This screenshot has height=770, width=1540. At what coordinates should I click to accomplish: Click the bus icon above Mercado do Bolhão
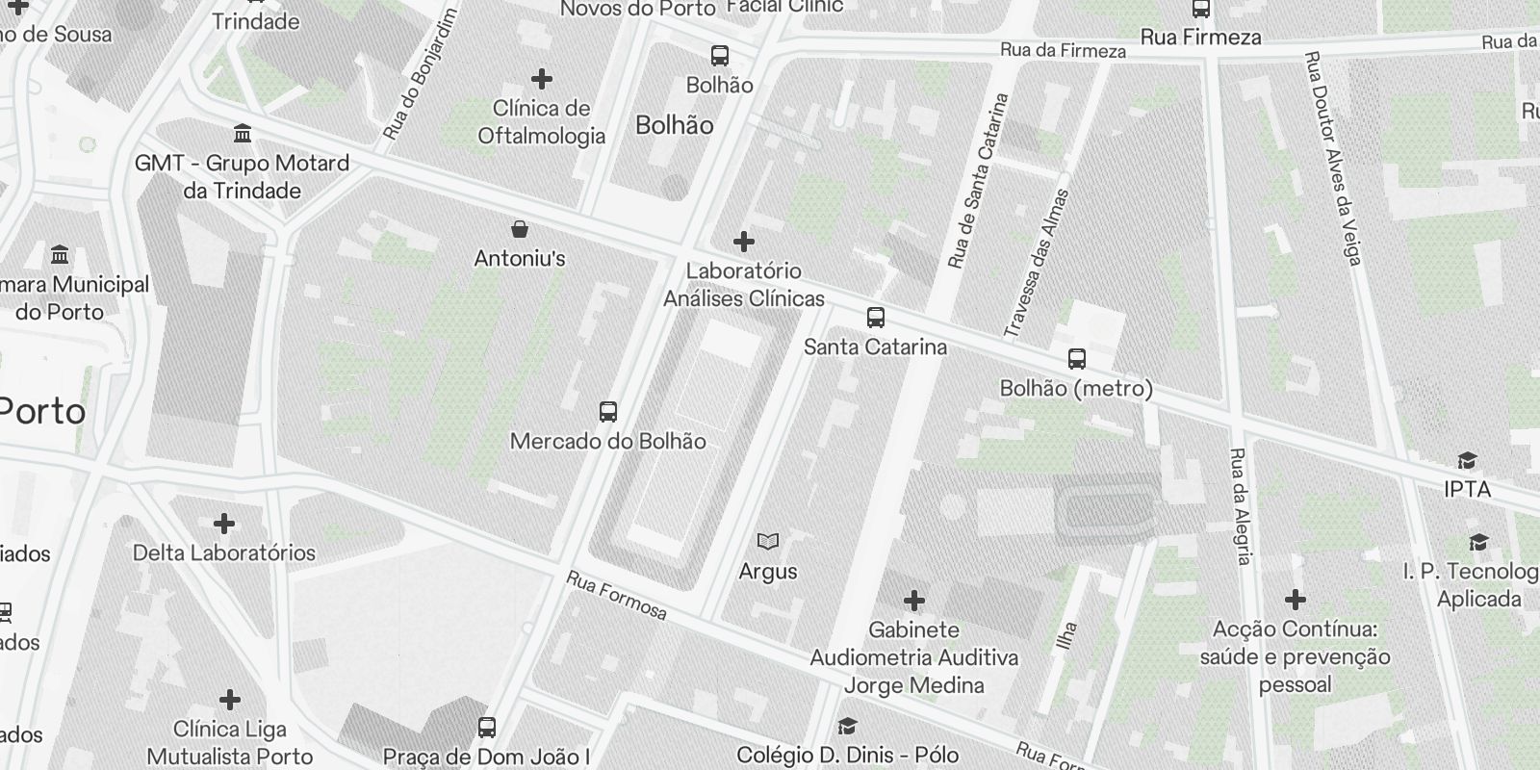(x=608, y=412)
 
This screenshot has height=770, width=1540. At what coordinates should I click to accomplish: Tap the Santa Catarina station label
(x=875, y=346)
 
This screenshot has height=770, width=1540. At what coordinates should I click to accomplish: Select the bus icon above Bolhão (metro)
(x=1077, y=359)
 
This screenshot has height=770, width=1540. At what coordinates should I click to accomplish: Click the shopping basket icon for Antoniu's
(x=520, y=229)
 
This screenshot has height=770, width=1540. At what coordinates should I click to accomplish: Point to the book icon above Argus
(x=768, y=542)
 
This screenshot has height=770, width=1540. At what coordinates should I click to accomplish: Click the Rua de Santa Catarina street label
(x=977, y=181)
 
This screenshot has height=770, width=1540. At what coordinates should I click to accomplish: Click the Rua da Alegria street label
(x=1241, y=505)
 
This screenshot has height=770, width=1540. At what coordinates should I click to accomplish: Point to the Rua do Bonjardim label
(x=418, y=77)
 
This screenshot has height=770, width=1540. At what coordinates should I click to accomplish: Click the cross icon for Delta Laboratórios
(x=224, y=524)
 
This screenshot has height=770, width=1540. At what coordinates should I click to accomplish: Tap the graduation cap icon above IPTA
(x=1467, y=461)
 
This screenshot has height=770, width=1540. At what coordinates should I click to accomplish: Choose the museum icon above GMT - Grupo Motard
(x=243, y=133)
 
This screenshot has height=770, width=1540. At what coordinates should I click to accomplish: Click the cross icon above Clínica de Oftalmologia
(x=542, y=78)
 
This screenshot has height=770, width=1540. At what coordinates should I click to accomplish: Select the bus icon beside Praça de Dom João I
(x=487, y=728)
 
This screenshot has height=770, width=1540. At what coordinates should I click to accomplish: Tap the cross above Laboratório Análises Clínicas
(x=743, y=241)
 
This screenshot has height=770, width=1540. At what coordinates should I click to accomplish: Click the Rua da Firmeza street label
(x=1063, y=50)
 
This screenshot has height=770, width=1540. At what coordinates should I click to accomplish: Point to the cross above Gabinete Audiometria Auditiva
(x=913, y=602)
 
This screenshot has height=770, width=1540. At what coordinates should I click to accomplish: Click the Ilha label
(x=1066, y=635)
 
